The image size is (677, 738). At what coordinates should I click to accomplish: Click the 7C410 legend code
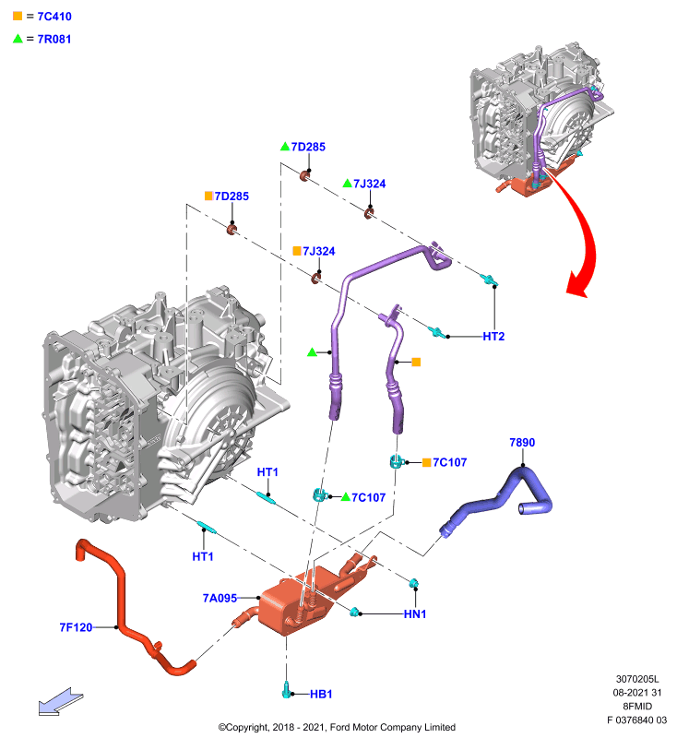click(54, 17)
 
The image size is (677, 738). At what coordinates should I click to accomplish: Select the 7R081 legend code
click(54, 39)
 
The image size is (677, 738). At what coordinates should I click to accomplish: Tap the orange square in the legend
click(18, 16)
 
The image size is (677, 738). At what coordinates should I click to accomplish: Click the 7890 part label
click(522, 443)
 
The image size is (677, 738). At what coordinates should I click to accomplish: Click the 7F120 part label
click(76, 627)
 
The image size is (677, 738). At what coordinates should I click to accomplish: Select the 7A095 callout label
click(220, 598)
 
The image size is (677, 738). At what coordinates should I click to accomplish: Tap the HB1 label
click(321, 695)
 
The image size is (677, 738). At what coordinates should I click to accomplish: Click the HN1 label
click(415, 614)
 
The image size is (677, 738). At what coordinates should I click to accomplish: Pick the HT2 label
click(493, 337)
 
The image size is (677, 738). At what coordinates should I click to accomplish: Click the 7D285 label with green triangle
click(308, 147)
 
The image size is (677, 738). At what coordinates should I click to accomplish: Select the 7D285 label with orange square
click(232, 196)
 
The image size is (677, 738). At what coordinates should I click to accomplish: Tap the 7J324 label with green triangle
click(369, 184)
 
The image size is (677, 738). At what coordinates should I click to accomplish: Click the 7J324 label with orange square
click(318, 251)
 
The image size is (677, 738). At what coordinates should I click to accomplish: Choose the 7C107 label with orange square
click(450, 463)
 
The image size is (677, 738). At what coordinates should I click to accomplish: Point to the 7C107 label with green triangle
click(368, 497)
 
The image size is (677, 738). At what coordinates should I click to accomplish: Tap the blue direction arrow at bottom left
click(60, 701)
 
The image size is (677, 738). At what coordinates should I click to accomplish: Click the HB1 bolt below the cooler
click(286, 689)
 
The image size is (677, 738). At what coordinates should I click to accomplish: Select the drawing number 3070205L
click(637, 679)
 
